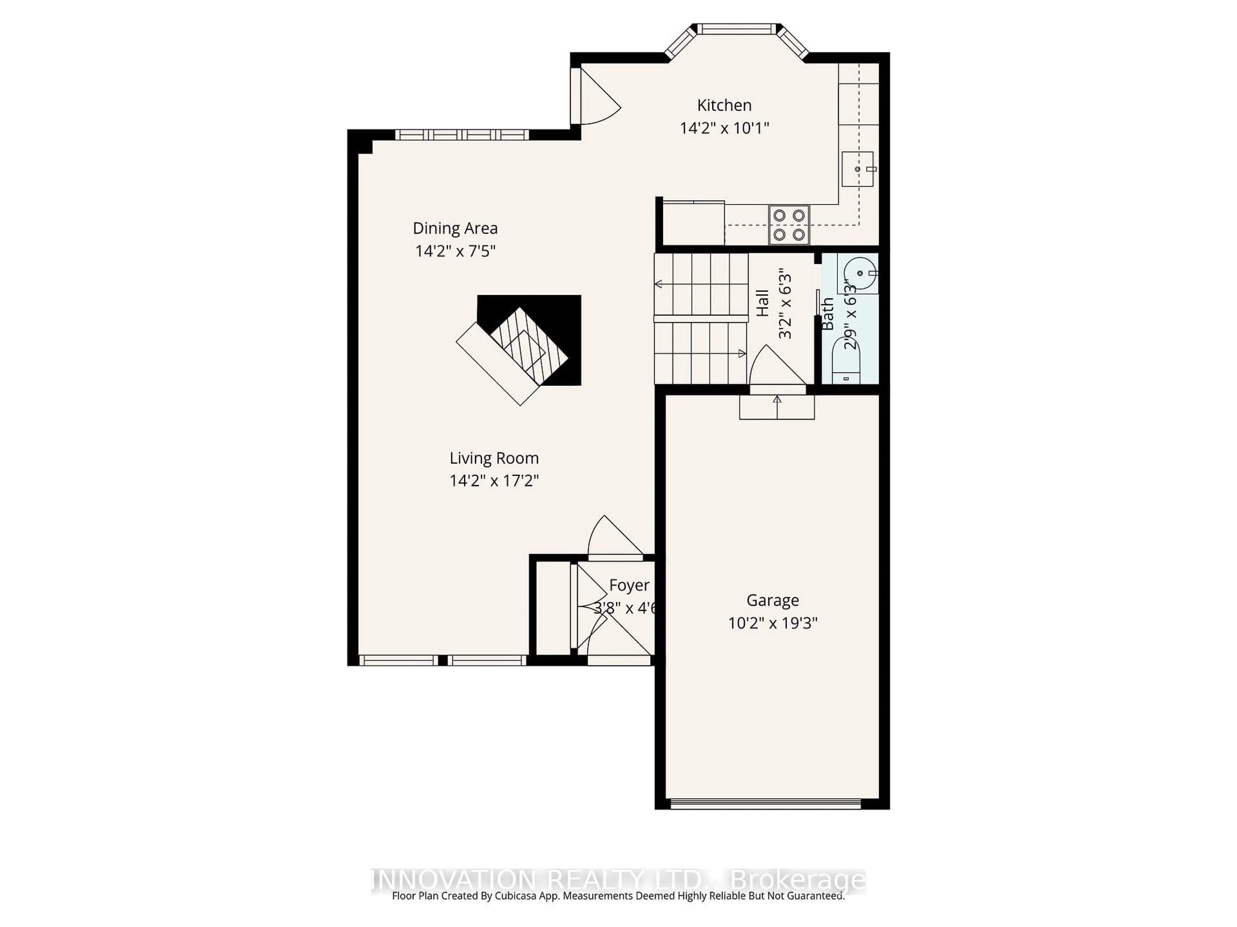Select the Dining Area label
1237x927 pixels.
pyautogui.click(x=455, y=228)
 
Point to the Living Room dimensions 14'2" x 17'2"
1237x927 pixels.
pyautogui.click(x=494, y=481)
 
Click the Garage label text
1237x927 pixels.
pyautogui.click(x=772, y=600)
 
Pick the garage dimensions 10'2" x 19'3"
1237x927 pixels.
pyautogui.click(x=772, y=623)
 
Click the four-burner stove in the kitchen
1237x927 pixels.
pyautogui.click(x=789, y=225)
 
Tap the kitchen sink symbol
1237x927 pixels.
pyautogui.click(x=857, y=169)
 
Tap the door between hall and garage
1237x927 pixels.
pyautogui.click(x=776, y=369)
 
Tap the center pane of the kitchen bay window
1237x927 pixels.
pyautogui.click(x=736, y=29)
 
